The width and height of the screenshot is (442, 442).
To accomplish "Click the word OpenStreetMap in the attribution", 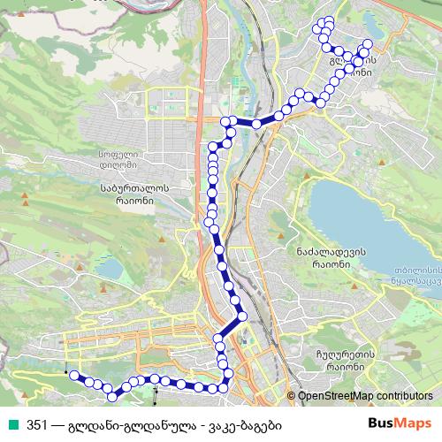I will click(340, 397).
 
